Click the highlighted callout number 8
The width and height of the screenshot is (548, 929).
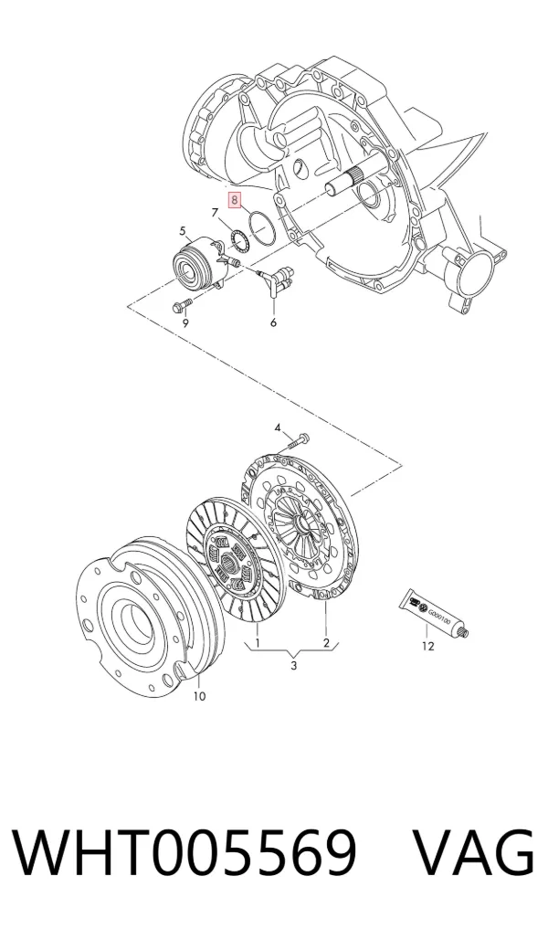[x=236, y=200]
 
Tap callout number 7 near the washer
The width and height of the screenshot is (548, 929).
[x=215, y=213]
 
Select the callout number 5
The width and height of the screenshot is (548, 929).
[x=183, y=230]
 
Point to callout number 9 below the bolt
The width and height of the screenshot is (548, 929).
[x=185, y=322]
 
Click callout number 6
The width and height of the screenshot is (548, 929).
[x=273, y=322]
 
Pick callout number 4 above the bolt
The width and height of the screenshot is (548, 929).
[x=278, y=428]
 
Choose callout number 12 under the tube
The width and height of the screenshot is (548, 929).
[x=427, y=646]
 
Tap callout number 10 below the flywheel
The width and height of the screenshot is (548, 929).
[x=199, y=696]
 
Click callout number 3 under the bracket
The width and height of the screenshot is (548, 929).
[x=293, y=665]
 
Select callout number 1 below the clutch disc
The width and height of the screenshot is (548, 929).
[x=258, y=643]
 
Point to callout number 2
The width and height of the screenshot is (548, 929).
[x=326, y=643]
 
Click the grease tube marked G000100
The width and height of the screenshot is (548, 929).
[x=433, y=615]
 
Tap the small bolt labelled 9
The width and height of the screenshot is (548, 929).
[x=181, y=306]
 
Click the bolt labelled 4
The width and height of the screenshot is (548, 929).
[x=300, y=441]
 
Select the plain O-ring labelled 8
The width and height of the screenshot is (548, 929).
[x=262, y=227]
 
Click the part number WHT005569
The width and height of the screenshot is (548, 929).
[x=184, y=853]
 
